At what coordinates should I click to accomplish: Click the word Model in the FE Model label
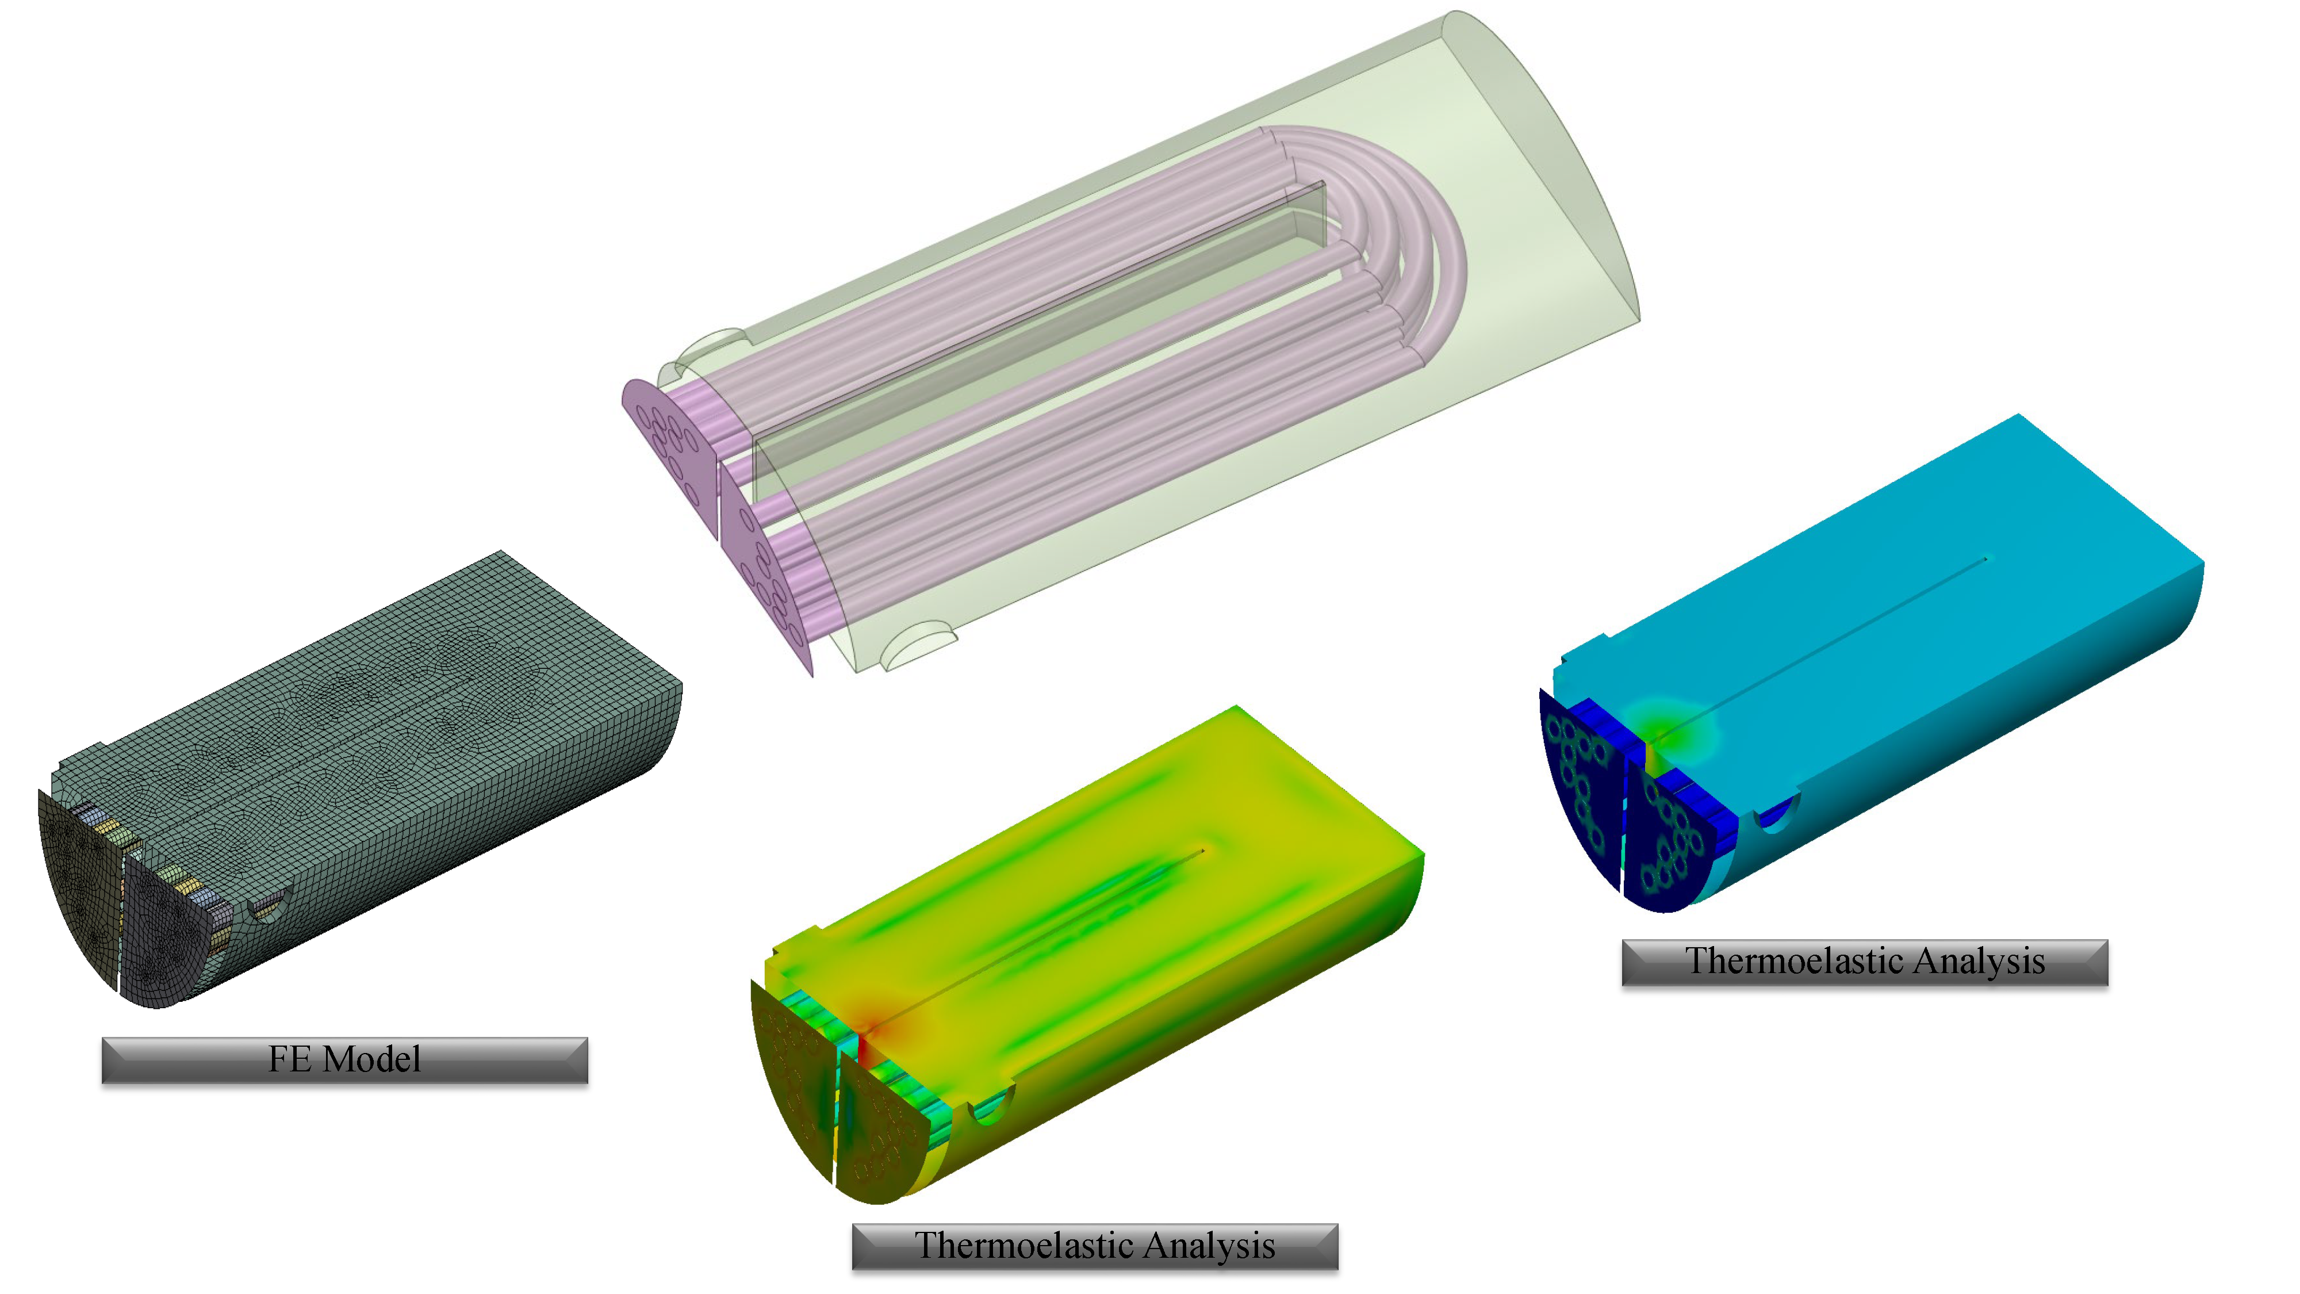(x=371, y=1059)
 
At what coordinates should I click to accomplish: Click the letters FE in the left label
(x=290, y=1059)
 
